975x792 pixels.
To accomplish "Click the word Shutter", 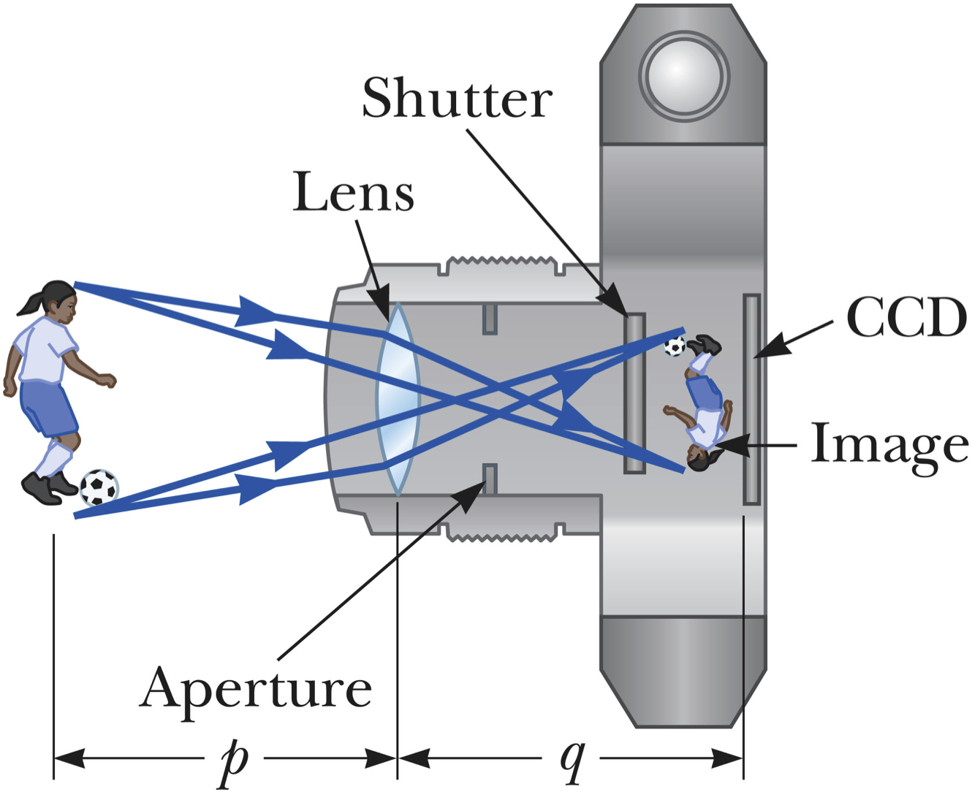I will pyautogui.click(x=457, y=98).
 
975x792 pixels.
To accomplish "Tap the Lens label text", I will pyautogui.click(x=353, y=193).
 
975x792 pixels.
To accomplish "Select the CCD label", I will pyautogui.click(x=906, y=318).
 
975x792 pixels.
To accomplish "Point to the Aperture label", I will pyautogui.click(x=255, y=688).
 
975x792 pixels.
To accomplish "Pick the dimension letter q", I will pyautogui.click(x=572, y=760).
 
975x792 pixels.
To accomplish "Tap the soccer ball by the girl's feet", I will pyautogui.click(x=99, y=487).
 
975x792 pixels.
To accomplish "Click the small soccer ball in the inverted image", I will pyautogui.click(x=674, y=346).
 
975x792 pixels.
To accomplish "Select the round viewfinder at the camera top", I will pyautogui.click(x=683, y=75).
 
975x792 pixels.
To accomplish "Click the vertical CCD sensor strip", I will pyautogui.click(x=751, y=399).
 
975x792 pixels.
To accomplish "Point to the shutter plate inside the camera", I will pyautogui.click(x=634, y=394).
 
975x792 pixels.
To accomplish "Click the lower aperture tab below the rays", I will pyautogui.click(x=490, y=479).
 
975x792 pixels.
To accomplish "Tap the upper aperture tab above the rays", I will pyautogui.click(x=490, y=319).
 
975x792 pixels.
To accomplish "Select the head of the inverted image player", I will pyautogui.click(x=700, y=459).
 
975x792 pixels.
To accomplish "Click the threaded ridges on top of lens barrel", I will pyautogui.click(x=501, y=262).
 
